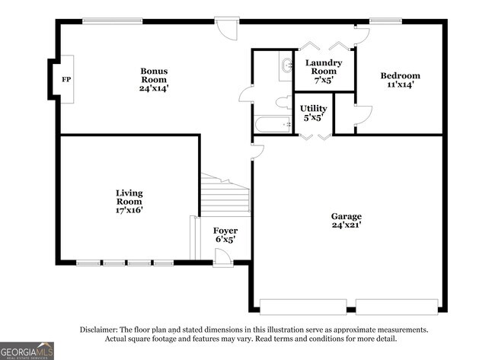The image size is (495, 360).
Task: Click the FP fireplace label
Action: (x=65, y=78)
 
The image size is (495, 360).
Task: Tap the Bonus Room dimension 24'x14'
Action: (x=154, y=88)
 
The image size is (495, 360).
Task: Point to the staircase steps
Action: (x=226, y=199)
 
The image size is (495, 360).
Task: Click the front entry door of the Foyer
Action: (x=222, y=259)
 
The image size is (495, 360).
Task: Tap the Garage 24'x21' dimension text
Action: (x=346, y=225)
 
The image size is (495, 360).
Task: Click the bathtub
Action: (x=273, y=125)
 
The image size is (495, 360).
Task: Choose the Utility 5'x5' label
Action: (x=314, y=113)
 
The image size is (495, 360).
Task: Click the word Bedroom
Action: (x=400, y=75)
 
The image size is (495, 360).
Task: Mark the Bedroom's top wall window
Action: (x=380, y=21)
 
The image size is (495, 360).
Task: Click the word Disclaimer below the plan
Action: (x=102, y=330)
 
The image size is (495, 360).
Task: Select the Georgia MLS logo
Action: (x=27, y=350)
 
